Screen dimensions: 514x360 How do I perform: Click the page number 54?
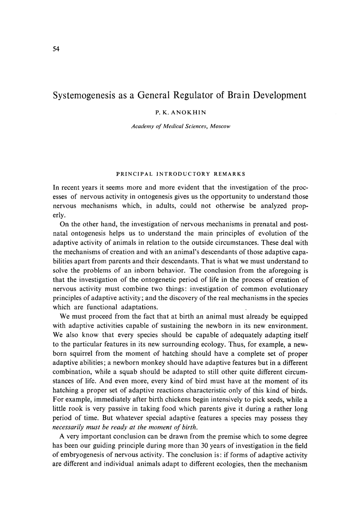click(x=56, y=49)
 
